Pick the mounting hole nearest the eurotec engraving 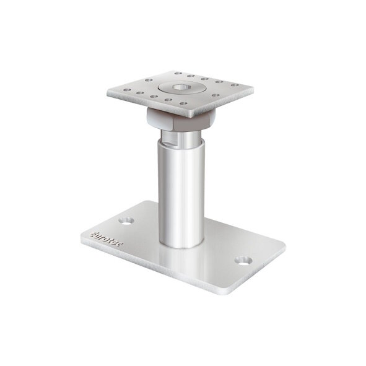127,220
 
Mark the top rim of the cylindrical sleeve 181,144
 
